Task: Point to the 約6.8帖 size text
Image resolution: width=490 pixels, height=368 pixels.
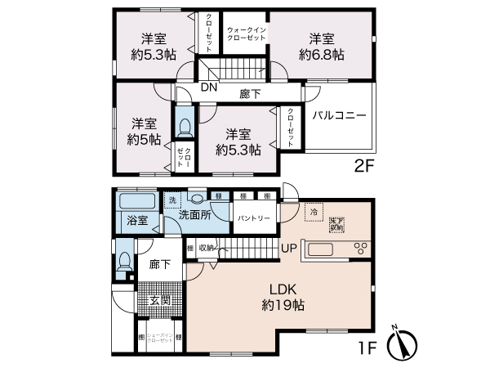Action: (321, 55)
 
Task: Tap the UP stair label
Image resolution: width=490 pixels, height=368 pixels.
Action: (288, 248)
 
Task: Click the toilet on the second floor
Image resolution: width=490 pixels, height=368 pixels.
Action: (185, 126)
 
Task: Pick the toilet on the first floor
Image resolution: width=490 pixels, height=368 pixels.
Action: (124, 260)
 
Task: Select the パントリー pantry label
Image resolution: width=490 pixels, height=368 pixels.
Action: (253, 218)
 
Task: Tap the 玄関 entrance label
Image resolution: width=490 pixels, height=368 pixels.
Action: (159, 300)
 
